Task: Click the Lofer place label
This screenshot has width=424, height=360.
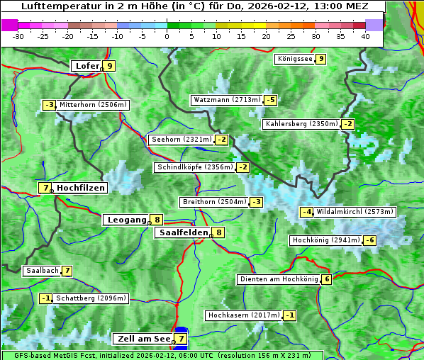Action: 87,66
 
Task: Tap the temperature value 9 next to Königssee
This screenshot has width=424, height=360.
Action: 321,59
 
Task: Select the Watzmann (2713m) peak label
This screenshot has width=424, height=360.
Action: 227,100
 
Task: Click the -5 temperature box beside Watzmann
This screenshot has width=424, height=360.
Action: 270,100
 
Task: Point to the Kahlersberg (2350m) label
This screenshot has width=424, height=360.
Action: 301,124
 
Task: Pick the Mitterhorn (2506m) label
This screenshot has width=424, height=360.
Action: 93,105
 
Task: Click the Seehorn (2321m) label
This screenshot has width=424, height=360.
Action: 182,140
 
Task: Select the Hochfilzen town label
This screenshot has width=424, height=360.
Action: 81,188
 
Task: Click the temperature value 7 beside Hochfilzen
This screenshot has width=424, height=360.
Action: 45,188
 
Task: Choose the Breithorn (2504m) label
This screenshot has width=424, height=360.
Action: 213,202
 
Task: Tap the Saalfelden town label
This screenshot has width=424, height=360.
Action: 183,232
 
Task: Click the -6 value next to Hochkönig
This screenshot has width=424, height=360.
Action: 370,240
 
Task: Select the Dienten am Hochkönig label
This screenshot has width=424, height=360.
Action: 278,279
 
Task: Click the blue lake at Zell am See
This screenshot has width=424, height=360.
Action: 181,339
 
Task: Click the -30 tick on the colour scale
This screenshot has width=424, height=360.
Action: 18,35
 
